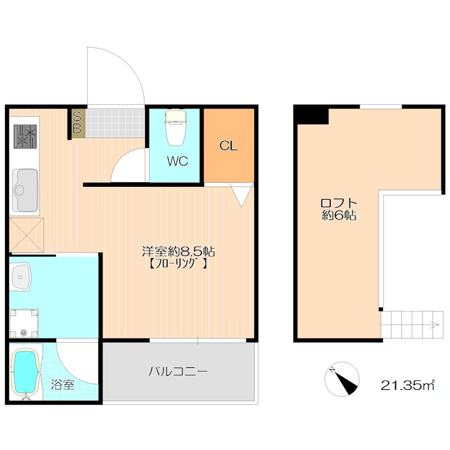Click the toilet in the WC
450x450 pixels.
tap(175, 128)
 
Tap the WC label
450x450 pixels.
tap(177, 161)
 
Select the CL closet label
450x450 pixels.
tap(228, 146)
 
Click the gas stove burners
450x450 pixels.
tap(25, 136)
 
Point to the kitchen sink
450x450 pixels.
tap(25, 190)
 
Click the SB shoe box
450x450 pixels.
tap(76, 123)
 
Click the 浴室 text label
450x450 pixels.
tap(62, 385)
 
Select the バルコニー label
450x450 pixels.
tap(178, 372)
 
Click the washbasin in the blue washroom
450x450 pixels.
tap(20, 277)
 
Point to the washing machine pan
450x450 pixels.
tap(24, 323)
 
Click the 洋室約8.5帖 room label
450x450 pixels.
tap(178, 251)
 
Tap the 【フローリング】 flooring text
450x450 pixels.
tap(178, 263)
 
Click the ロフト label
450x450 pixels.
tap(339, 203)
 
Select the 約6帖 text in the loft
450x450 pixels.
tap(339, 215)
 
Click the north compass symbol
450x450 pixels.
tap(342, 379)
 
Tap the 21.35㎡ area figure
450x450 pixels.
tap(407, 385)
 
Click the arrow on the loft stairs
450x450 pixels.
tap(434, 325)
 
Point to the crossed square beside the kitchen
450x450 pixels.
tap(26, 235)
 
